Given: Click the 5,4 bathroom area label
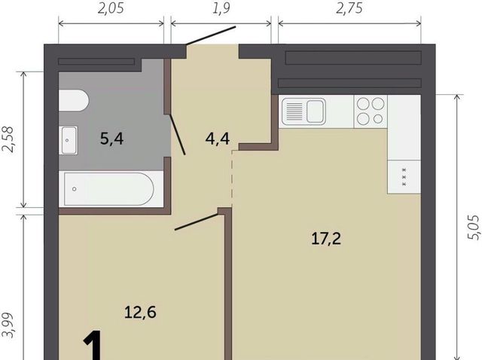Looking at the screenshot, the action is coord(112,139).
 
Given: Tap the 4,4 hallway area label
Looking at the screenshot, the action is coord(218,139).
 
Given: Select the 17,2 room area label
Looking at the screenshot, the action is coord(326,239).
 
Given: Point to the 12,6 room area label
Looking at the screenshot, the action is coord(141,313).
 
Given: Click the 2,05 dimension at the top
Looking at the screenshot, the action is coord(111,8).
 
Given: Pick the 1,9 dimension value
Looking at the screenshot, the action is coord(221,8).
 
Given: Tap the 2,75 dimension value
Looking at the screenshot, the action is coord(349,8).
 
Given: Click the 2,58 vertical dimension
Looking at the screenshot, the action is coord(8,139).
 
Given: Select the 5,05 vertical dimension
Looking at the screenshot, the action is coord(473,227).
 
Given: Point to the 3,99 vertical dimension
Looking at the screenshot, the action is coord(8,325).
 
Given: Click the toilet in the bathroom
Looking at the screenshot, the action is coord(74,100).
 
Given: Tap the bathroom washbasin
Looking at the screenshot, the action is coord(69,140).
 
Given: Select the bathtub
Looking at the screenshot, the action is coord(108,189).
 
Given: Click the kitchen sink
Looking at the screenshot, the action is coord(304,111).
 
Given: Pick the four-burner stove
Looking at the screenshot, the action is coord(371,111).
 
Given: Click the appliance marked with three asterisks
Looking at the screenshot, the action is coord(404,177).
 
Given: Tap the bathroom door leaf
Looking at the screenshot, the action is coord(178,134).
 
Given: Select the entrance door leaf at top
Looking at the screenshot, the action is coord(211,35).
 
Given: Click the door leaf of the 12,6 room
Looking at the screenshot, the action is coord(197,222).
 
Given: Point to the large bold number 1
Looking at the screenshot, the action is coord(93,345).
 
